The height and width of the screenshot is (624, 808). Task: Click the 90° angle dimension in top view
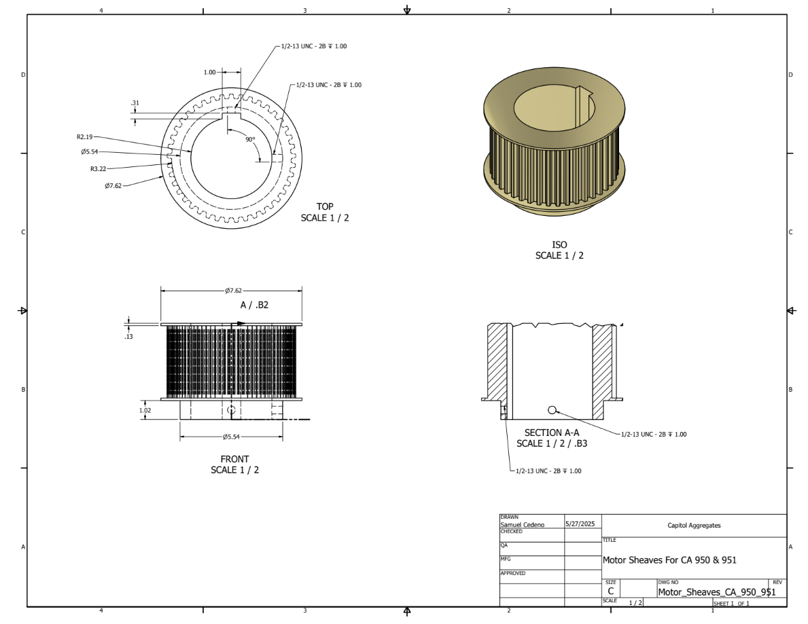click(250, 139)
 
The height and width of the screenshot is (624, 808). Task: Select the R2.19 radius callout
click(85, 136)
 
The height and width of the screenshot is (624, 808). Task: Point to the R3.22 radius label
click(99, 168)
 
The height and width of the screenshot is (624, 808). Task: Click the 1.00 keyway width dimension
click(209, 72)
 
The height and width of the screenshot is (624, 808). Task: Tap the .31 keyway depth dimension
click(135, 103)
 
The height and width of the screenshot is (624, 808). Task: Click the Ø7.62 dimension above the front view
click(232, 291)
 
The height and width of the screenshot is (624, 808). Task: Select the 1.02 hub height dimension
click(144, 410)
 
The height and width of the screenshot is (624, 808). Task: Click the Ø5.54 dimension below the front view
click(232, 437)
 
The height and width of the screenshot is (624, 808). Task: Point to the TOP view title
click(325, 206)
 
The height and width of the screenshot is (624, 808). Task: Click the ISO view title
click(559, 244)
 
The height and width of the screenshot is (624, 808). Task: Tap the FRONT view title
click(234, 459)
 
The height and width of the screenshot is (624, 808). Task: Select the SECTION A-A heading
click(551, 433)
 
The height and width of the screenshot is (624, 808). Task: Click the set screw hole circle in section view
click(552, 409)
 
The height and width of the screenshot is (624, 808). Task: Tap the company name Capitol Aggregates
click(693, 526)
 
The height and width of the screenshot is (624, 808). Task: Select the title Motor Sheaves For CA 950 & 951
click(669, 560)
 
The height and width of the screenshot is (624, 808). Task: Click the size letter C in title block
click(611, 591)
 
